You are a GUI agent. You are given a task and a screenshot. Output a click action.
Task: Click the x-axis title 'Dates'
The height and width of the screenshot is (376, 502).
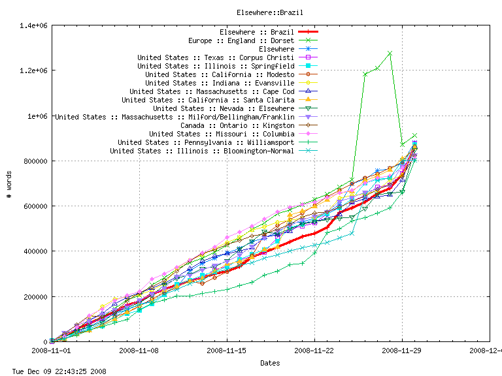271,362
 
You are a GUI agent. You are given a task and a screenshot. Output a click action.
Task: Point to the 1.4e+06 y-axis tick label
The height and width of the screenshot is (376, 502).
33,25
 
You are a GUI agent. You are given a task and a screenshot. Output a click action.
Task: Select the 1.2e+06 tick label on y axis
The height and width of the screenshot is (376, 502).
33,70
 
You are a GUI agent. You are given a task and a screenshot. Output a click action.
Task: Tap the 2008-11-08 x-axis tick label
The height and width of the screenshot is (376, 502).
139,351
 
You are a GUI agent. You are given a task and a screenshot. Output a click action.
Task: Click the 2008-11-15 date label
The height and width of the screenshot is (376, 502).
227,351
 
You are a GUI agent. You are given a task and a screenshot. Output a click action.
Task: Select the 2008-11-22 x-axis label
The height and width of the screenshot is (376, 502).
314,351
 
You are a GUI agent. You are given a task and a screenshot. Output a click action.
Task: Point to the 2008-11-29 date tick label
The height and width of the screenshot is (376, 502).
402,351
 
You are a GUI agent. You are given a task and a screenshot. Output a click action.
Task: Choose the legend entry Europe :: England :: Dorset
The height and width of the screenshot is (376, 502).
241,40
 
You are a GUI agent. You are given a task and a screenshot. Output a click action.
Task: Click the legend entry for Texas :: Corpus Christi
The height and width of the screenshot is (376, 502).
215,57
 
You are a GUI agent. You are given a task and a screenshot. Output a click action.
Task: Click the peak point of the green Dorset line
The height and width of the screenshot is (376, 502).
390,53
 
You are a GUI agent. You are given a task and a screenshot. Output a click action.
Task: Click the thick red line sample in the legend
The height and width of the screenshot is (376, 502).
308,32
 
